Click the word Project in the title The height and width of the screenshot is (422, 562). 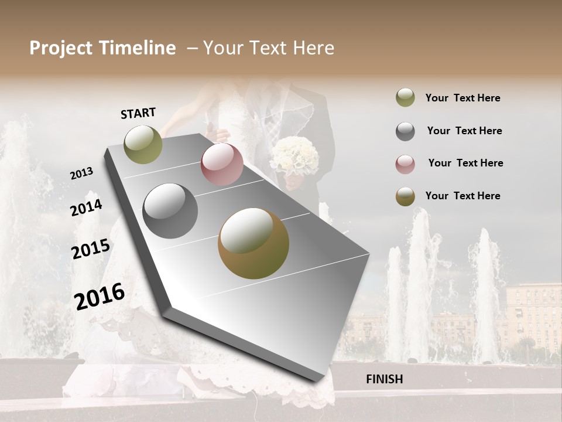[61, 48]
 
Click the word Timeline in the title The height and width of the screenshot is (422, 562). [137, 48]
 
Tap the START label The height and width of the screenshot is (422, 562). [138, 113]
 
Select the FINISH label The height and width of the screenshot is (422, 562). [385, 379]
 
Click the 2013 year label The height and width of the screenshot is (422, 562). [81, 173]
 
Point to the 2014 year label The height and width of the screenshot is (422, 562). [86, 207]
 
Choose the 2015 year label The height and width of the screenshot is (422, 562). [91, 249]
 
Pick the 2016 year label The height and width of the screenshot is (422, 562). [100, 296]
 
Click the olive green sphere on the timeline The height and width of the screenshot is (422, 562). [143, 144]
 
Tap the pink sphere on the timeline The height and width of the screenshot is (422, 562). [222, 164]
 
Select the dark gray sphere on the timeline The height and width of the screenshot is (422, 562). [170, 211]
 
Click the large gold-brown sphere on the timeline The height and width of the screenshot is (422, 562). [253, 243]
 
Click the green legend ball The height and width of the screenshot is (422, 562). [405, 98]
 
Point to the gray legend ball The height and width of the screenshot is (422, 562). [405, 131]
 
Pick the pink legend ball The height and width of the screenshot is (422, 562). [405, 164]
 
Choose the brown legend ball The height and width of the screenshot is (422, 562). [405, 196]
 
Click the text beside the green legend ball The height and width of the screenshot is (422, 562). [462, 98]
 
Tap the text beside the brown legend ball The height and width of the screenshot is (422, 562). [462, 196]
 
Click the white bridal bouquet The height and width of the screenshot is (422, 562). [294, 156]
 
